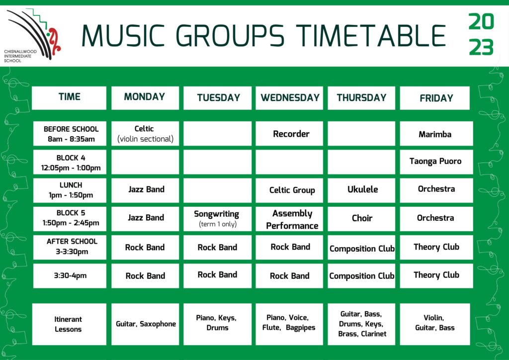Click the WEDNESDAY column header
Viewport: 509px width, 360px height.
289,98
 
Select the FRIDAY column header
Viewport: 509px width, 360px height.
434,98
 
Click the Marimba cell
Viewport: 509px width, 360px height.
436,133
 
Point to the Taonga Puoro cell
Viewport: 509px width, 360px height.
436,162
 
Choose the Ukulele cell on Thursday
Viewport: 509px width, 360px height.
361,190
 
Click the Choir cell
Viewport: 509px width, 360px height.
361,219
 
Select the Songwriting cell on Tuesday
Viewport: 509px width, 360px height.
217,219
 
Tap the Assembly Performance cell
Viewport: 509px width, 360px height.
289,219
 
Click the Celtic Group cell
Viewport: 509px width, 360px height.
289,190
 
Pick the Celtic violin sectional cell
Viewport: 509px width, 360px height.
145,133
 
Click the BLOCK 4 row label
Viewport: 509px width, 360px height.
70,162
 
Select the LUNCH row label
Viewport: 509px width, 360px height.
70,190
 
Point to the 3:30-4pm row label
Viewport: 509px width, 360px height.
70,275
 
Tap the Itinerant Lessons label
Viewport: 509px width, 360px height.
69,324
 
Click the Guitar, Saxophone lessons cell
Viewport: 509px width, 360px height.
145,324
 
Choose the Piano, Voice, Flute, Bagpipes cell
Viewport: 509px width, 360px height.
289,324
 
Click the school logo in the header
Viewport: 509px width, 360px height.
32,35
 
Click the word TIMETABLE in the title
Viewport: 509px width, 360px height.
371,35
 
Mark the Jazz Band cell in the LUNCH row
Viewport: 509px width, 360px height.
145,190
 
